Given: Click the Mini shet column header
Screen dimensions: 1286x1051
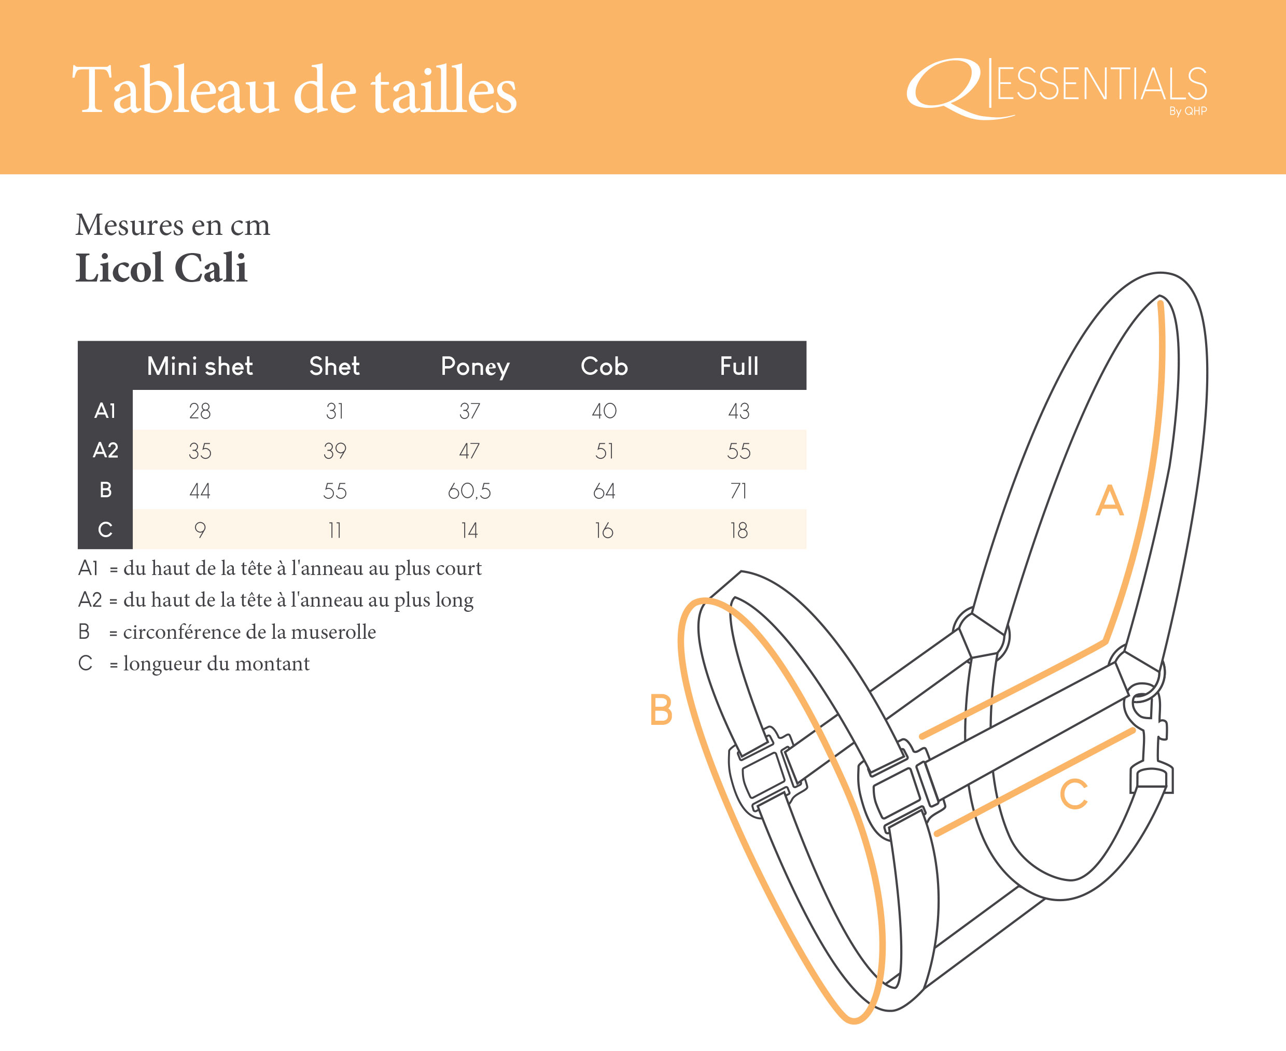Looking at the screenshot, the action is click(200, 366).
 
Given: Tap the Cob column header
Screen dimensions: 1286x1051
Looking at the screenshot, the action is click(604, 366).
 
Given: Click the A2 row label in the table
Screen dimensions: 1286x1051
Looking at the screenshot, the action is click(105, 450).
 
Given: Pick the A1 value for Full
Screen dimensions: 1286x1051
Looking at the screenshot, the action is click(738, 411).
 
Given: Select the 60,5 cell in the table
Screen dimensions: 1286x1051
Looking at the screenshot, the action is click(469, 491).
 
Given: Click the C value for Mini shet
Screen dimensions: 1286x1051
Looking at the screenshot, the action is click(200, 530).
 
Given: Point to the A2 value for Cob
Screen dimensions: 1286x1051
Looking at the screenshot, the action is click(604, 451).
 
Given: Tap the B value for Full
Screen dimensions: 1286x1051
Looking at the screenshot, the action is click(738, 491).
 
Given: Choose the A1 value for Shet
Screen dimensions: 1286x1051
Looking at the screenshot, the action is click(335, 411).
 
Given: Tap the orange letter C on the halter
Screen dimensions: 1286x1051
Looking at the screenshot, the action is click(1074, 794).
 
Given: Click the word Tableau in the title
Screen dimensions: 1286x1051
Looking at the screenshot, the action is click(176, 90).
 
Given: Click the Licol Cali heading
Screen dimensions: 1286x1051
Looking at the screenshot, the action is click(161, 268).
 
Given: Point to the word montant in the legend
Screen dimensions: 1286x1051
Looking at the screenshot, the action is click(272, 664).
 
